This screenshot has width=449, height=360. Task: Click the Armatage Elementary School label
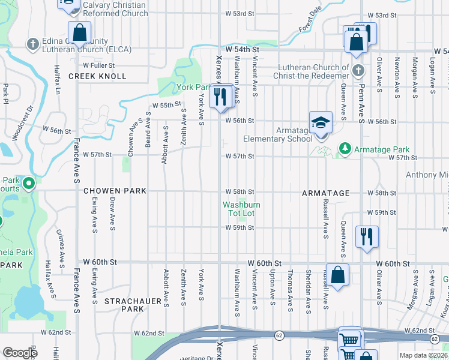[x=277, y=134]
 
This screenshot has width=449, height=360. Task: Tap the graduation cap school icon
[x=321, y=123]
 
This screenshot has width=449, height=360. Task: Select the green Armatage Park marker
[x=345, y=148]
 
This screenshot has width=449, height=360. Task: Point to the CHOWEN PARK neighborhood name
[x=115, y=191]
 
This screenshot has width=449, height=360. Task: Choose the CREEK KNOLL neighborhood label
[x=97, y=76]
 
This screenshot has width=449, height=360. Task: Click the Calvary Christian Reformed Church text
[x=115, y=9]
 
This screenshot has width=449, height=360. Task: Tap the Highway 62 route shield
[x=280, y=334]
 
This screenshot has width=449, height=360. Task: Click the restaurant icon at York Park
[x=221, y=96]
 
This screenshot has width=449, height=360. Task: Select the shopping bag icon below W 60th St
[x=338, y=275]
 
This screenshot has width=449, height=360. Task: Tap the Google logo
[x=20, y=353]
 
